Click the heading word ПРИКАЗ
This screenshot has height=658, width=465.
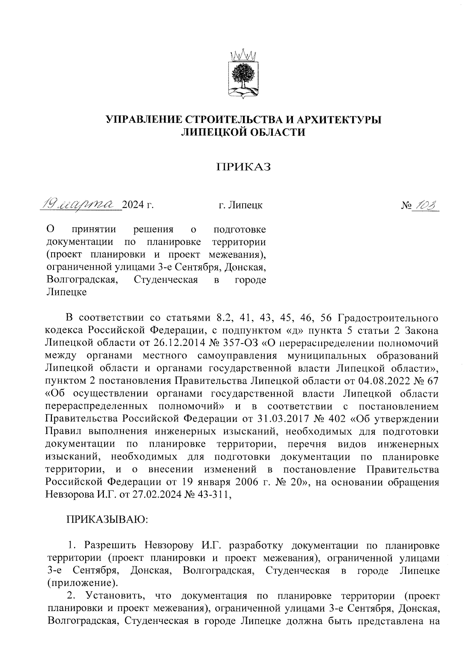coord(243,167)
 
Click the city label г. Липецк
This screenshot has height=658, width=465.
coord(240,204)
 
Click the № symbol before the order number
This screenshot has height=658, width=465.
coord(405,204)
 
